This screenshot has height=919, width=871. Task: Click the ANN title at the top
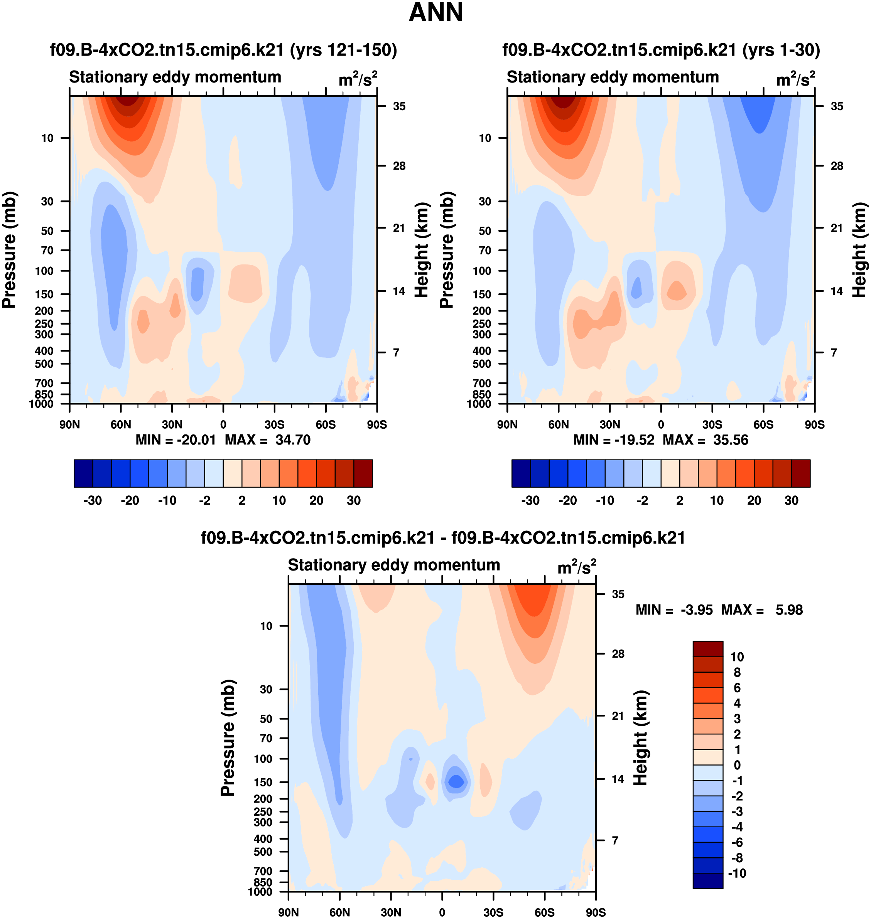435,12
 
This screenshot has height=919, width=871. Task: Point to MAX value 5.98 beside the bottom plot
789,610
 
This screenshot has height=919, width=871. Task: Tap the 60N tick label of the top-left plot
121,425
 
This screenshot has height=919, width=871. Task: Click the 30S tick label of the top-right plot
712,425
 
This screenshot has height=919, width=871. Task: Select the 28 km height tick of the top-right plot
837,166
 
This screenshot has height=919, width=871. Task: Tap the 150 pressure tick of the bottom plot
263,782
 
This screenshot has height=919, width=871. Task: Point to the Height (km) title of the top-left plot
420,250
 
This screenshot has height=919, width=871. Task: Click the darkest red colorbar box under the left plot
363,473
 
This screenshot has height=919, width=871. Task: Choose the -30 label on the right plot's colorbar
530,501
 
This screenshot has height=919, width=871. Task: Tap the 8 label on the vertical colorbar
737,672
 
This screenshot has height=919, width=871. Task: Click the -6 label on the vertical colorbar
736,842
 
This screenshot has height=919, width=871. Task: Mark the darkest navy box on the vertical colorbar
707,880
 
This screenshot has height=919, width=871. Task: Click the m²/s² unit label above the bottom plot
576,567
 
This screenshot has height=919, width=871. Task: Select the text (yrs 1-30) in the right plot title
781,50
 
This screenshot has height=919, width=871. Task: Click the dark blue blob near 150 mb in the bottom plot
456,782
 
